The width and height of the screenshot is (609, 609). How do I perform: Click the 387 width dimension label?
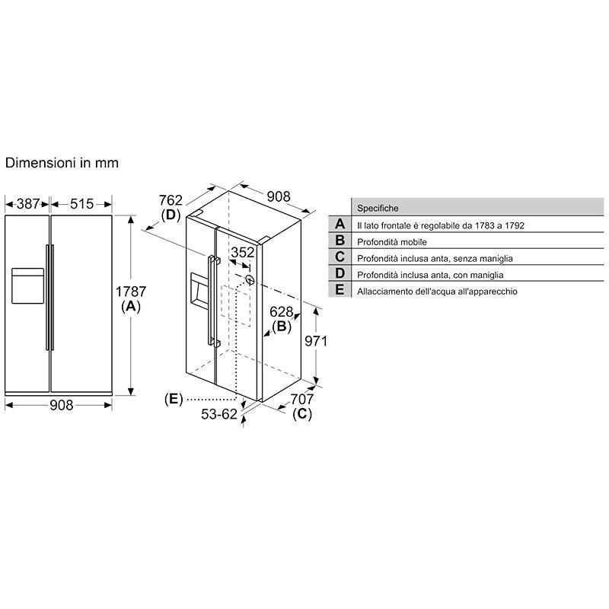click(28, 203)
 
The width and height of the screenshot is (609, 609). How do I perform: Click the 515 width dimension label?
click(81, 203)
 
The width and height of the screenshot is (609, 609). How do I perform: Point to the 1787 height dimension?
click(131, 292)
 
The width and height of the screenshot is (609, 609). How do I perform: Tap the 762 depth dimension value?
click(171, 200)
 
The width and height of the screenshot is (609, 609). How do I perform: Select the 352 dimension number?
click(243, 253)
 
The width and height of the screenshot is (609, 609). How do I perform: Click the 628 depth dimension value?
click(281, 311)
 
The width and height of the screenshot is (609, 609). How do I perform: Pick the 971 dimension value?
click(316, 341)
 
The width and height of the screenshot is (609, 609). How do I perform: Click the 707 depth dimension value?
click(301, 399)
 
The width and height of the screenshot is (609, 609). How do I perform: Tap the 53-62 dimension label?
click(219, 414)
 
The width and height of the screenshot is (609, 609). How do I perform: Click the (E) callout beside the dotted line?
click(174, 399)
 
